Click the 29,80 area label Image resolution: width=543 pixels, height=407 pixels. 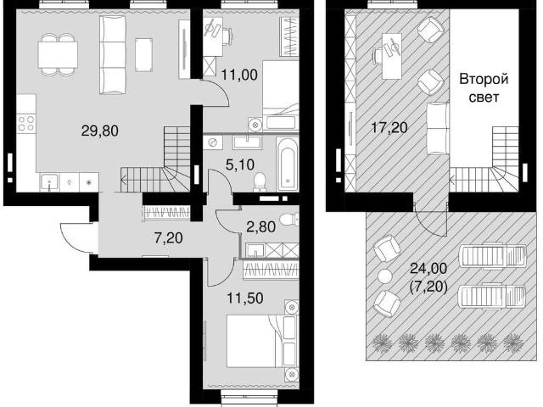pos(100,131)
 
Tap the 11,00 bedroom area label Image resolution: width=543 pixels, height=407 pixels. pos(239,75)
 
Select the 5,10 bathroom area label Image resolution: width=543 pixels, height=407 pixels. pos(240,164)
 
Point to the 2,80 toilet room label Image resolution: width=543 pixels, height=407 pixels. pos(260,226)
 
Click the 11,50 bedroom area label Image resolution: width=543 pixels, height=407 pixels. pos(245,298)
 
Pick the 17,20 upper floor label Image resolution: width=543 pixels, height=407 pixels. pos(389,128)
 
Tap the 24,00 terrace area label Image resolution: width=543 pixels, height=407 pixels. pos(428,268)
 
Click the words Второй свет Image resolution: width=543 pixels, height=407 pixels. pos(484,88)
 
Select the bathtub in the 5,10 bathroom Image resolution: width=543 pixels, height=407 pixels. pos(288,164)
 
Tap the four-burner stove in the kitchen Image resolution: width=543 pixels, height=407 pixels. pos(26,124)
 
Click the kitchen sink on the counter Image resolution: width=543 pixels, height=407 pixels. pos(50,181)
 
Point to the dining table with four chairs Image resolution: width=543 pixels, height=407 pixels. pos(58,54)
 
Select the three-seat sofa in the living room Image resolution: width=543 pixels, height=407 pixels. pos(113,54)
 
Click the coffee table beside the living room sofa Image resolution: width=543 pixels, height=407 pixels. pos(143,54)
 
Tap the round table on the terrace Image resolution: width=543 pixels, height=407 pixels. pos(384,276)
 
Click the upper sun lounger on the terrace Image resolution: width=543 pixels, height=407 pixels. pos(492,255)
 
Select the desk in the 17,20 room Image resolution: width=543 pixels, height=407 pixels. pos(392,56)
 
